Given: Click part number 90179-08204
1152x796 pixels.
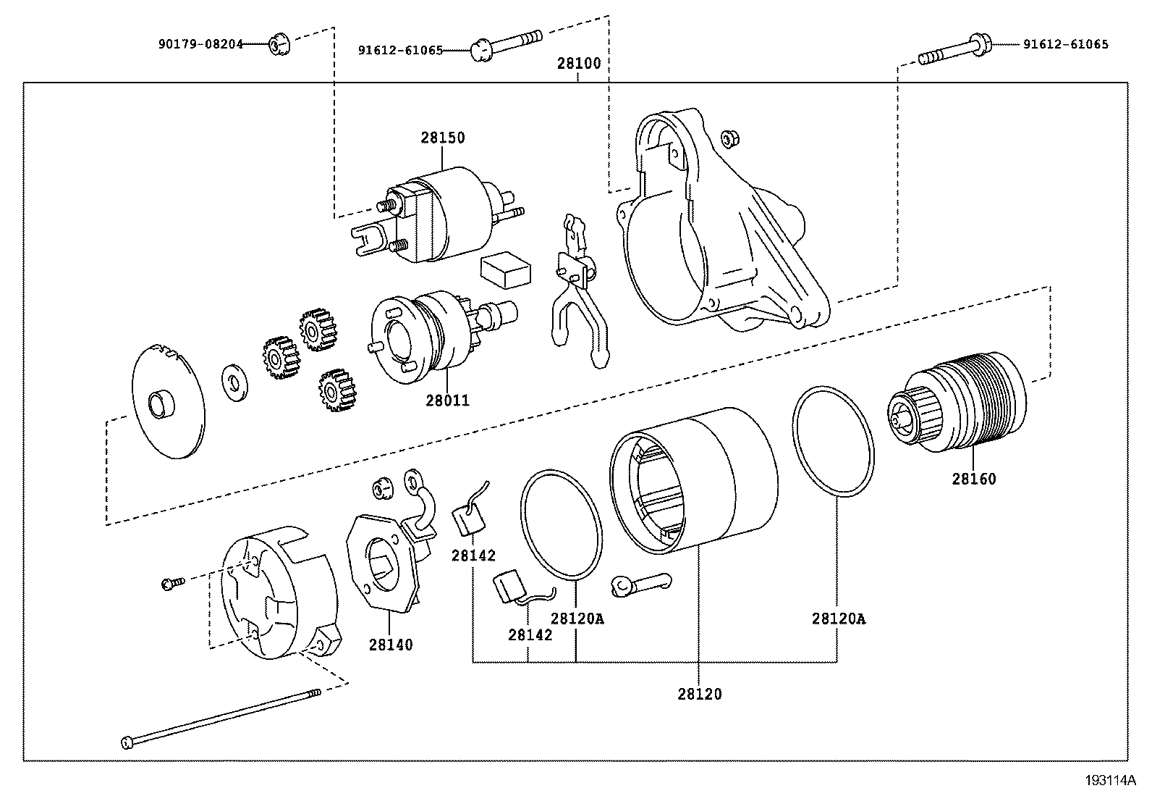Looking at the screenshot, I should [x=199, y=44].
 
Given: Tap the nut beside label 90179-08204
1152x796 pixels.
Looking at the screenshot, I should [x=277, y=46].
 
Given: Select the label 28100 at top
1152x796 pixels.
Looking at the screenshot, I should [x=578, y=63].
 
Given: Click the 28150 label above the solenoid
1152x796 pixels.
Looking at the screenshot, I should [x=443, y=138].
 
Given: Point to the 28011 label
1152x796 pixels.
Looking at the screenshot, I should [x=447, y=400].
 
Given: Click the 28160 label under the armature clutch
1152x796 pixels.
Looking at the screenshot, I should [x=973, y=479].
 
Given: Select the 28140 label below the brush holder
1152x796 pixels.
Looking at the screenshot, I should [x=391, y=645].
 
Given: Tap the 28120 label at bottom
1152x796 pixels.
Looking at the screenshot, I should [x=700, y=694].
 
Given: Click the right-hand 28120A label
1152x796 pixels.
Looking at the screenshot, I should [x=838, y=619].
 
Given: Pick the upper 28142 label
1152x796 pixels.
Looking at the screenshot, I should [x=473, y=556].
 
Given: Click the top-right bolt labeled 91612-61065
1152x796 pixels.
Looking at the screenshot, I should [x=955, y=51].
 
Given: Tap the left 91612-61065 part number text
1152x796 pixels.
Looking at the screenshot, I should [x=400, y=51].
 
